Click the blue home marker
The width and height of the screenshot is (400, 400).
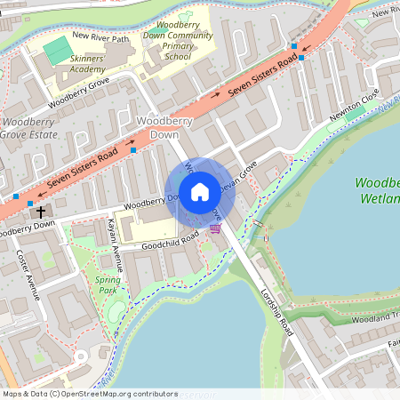coord(200,191)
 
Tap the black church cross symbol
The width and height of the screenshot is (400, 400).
coord(40,212)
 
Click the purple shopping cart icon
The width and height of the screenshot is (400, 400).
coord(215,228)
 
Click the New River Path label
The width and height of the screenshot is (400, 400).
coord(100,36)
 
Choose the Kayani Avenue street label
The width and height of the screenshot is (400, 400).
coord(115,244)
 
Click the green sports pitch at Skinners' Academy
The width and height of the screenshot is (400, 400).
coord(55,46)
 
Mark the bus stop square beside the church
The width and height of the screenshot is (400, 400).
coord(31,204)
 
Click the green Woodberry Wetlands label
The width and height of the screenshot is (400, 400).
coord(377,191)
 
